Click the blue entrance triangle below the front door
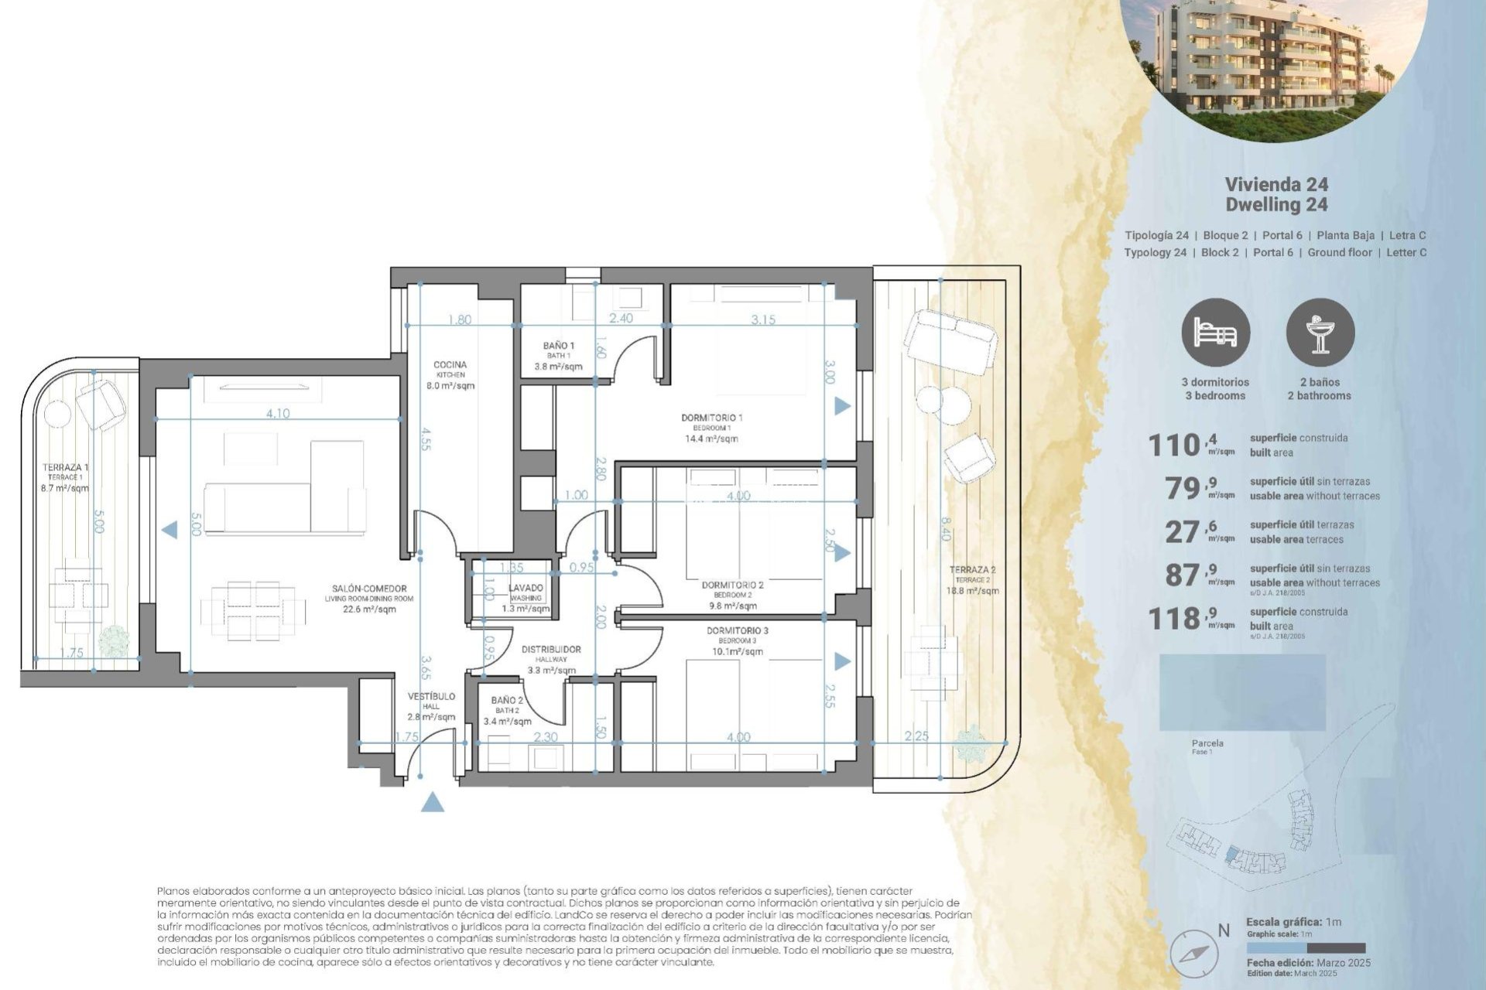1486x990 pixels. (433, 802)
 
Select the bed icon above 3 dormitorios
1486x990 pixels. (1215, 333)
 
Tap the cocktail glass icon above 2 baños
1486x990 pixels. (1320, 333)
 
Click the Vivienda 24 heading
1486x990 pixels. (1276, 184)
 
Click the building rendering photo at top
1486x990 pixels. (1273, 62)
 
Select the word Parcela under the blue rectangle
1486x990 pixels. (1207, 743)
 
